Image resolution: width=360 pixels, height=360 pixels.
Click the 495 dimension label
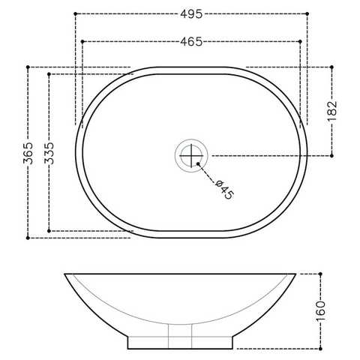pos(191,14)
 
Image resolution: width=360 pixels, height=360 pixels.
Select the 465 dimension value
pos(191,41)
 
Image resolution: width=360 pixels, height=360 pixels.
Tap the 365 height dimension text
pos(28,153)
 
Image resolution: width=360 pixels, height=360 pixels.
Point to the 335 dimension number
pos(49,153)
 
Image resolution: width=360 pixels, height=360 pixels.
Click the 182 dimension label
pos(332,111)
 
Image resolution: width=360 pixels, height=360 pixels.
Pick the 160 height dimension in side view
pos(321,311)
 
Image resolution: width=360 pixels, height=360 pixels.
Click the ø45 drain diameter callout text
pos(225,189)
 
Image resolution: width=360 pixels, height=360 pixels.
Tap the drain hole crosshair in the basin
pos(191,155)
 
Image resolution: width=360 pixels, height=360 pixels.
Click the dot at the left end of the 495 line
pos(76,13)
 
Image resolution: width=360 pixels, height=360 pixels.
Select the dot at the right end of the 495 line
pos(307,13)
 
